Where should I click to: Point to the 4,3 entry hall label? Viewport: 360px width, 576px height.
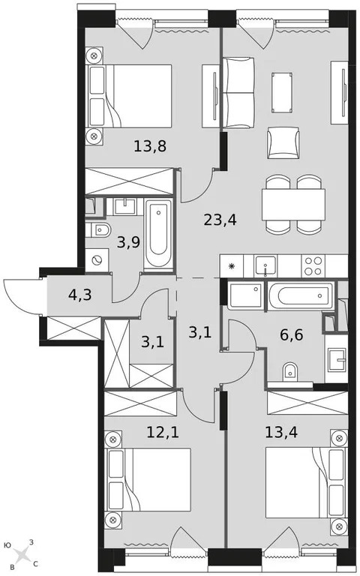[81, 295]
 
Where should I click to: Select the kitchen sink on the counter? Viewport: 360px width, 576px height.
[265, 265]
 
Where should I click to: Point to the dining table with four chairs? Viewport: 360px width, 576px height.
[292, 202]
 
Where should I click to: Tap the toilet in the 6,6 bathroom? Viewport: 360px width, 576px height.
[288, 370]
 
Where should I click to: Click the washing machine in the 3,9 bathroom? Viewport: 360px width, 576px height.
[96, 260]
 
